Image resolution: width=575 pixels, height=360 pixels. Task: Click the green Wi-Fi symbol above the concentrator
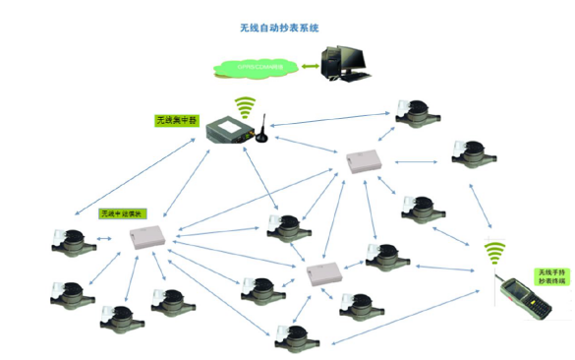[245, 105]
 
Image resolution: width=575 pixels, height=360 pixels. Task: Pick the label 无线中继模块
[121, 211]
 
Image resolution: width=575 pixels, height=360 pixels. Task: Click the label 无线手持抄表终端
[551, 276]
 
